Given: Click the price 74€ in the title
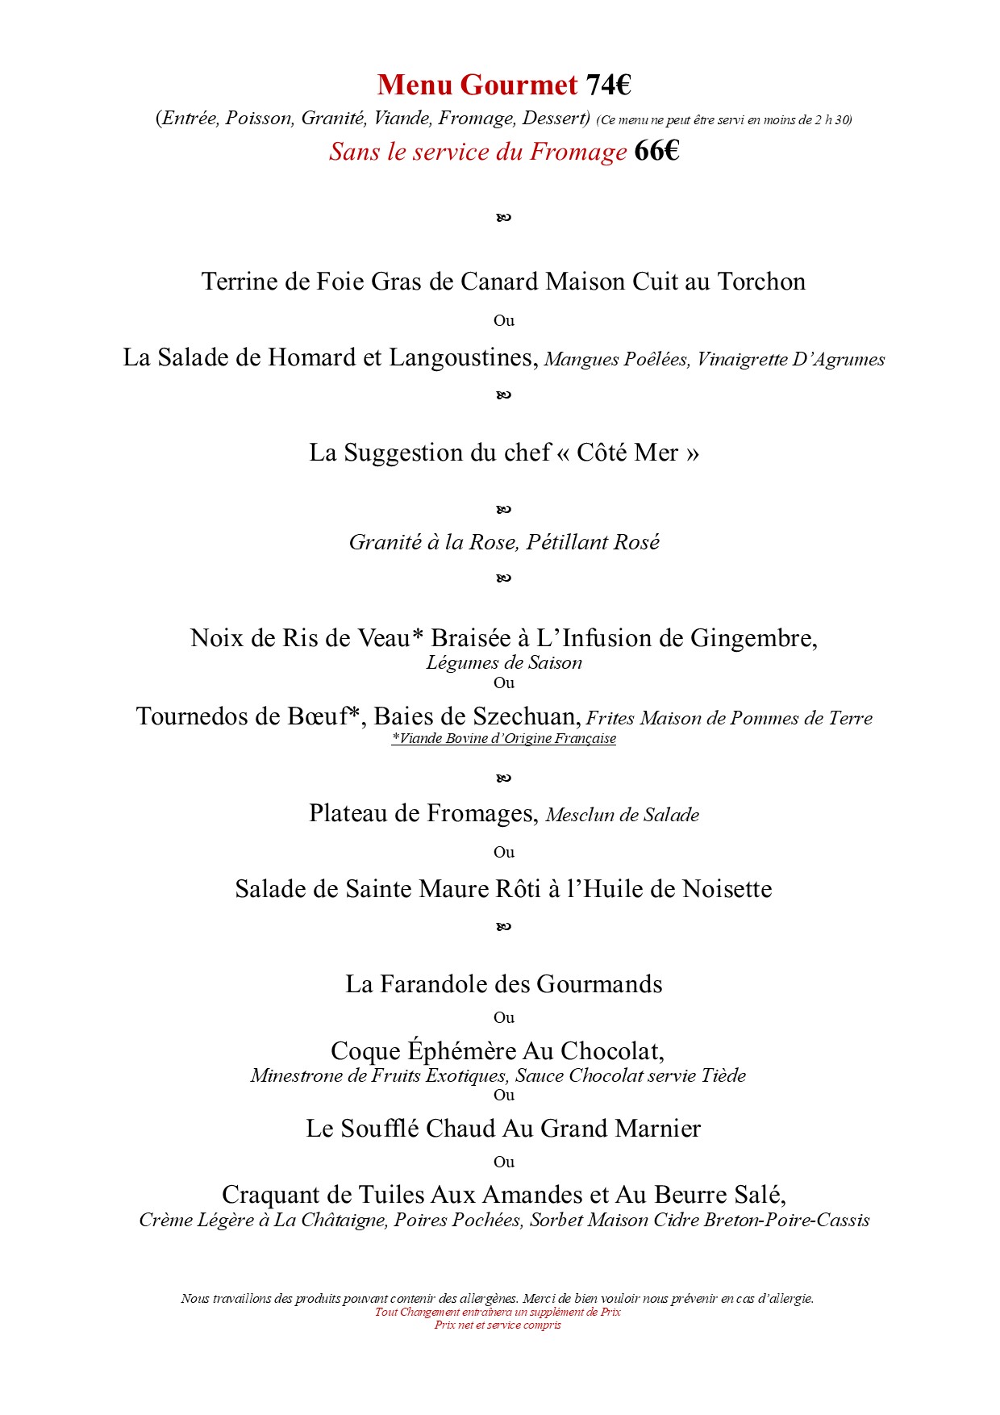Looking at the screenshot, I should (x=608, y=85).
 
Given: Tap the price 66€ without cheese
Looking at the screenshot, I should (x=656, y=151).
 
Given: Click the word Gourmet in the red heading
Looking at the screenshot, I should (x=520, y=85).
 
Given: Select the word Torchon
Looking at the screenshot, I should (x=761, y=282).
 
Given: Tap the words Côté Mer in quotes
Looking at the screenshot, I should (x=627, y=453).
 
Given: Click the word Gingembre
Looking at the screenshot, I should (x=753, y=638).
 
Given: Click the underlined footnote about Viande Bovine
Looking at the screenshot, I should (x=504, y=738).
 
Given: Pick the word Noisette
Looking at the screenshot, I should (x=727, y=889).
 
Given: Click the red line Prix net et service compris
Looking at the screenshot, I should (x=498, y=1325).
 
